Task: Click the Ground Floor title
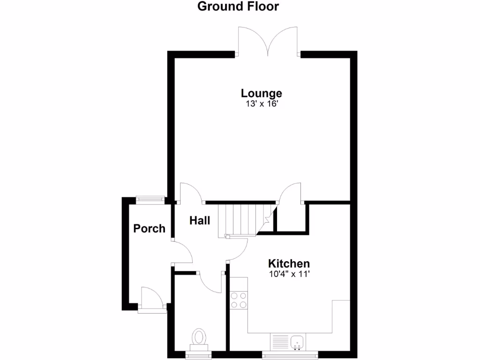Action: click(x=238, y=7)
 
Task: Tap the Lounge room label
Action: click(x=261, y=93)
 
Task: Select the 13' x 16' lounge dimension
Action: click(x=261, y=104)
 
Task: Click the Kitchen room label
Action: click(x=289, y=263)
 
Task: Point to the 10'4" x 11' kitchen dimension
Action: click(x=289, y=274)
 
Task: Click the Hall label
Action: click(x=200, y=220)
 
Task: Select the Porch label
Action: click(x=149, y=229)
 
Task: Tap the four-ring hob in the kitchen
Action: click(x=239, y=300)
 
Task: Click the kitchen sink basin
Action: click(x=297, y=342)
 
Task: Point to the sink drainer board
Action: click(x=279, y=341)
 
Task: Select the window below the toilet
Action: click(x=199, y=354)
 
